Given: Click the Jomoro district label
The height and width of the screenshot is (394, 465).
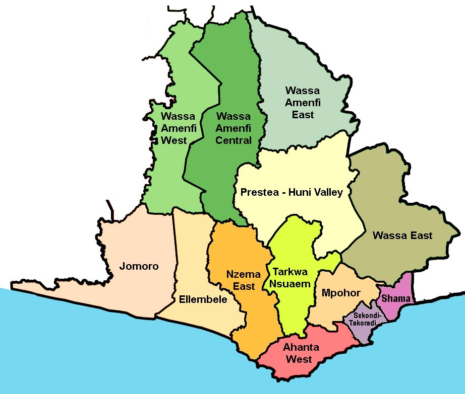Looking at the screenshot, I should coord(139,266).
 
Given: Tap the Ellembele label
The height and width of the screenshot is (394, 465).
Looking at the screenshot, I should coord(203,299).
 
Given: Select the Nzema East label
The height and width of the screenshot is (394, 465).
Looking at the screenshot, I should coord(243,280).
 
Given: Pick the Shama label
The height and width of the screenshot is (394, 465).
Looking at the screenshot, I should coord(396,298).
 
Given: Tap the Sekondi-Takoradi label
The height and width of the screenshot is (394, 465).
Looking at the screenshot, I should coord(360,319).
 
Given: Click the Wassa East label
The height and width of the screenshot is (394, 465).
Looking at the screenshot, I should coord(402,235).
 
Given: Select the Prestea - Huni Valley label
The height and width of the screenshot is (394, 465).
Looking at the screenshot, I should coord(292,192).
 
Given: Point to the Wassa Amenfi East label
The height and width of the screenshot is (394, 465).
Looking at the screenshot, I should coord(303,103).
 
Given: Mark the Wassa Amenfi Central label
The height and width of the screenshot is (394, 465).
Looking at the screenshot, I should coord(234,128).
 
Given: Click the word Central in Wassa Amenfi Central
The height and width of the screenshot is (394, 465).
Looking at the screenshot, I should coord(234,140).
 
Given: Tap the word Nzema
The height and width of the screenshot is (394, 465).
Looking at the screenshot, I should coord(244,275).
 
